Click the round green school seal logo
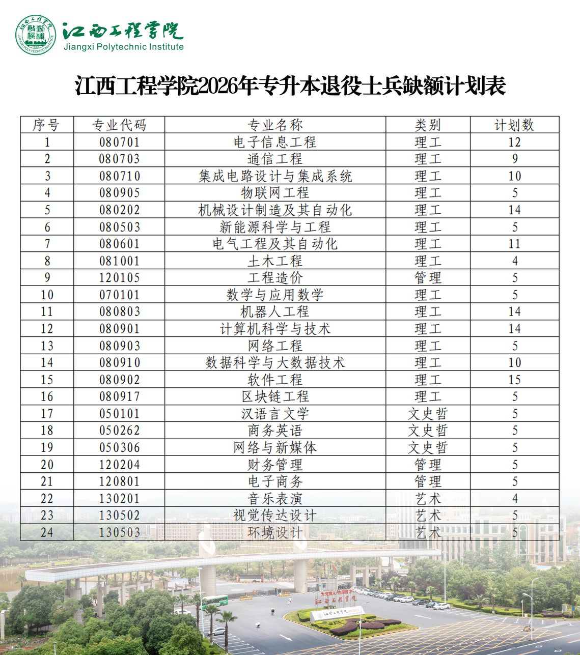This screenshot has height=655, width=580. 36,35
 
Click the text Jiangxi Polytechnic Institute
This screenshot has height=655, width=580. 123,47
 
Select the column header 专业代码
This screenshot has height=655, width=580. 119,125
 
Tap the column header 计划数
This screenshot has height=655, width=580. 514,125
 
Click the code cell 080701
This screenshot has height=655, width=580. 119,142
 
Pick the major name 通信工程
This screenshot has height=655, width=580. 275,159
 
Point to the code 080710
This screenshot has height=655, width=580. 119,176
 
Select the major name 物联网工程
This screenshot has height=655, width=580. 275,193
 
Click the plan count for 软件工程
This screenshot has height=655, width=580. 514,380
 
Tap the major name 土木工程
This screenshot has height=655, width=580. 275,261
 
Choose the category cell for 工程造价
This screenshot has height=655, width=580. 428,278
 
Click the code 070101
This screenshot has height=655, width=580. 119,295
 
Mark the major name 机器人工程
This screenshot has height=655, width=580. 275,311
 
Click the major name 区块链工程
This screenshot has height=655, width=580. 275,396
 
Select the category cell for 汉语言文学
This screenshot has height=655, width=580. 428,414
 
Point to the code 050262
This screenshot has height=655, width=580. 119,431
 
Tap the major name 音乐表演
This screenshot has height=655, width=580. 275,499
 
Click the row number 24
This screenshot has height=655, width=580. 47,532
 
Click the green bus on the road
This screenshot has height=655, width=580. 214,601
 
